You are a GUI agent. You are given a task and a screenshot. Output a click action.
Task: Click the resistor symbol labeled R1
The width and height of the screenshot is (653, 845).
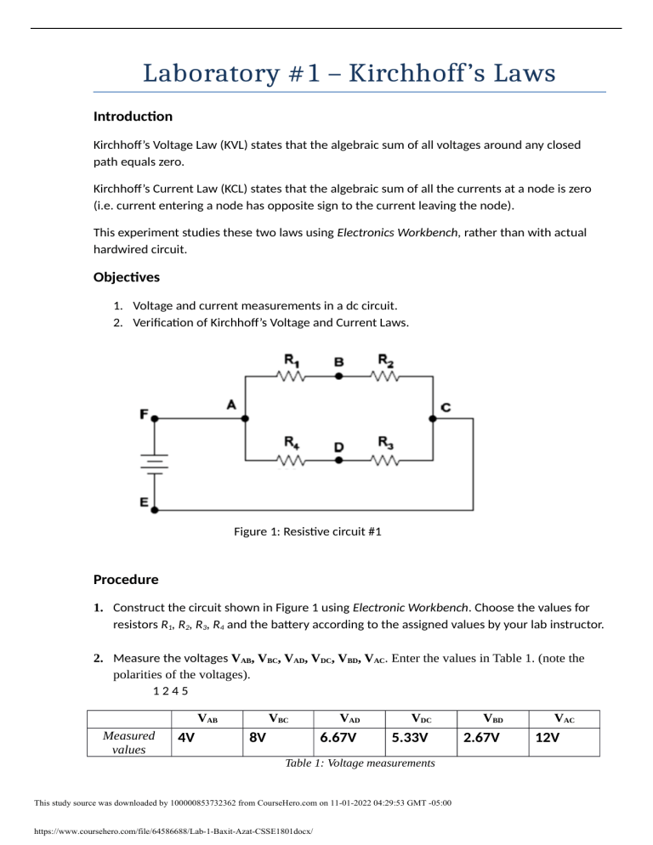291,375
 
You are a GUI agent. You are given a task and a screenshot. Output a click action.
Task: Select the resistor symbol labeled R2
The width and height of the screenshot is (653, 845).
386,375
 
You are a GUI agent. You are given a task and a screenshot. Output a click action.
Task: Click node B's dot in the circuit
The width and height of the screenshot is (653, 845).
338,375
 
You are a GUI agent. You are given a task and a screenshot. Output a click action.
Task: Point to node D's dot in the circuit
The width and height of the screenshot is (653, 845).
338,460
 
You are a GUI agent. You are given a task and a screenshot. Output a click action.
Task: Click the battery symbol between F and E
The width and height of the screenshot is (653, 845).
153,464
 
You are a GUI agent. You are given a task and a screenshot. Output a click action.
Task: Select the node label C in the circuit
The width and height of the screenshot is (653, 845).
446,408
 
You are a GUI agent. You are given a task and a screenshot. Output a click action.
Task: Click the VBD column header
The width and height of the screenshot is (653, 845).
489,718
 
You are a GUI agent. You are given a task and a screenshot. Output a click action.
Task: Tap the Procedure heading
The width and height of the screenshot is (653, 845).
127,580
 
